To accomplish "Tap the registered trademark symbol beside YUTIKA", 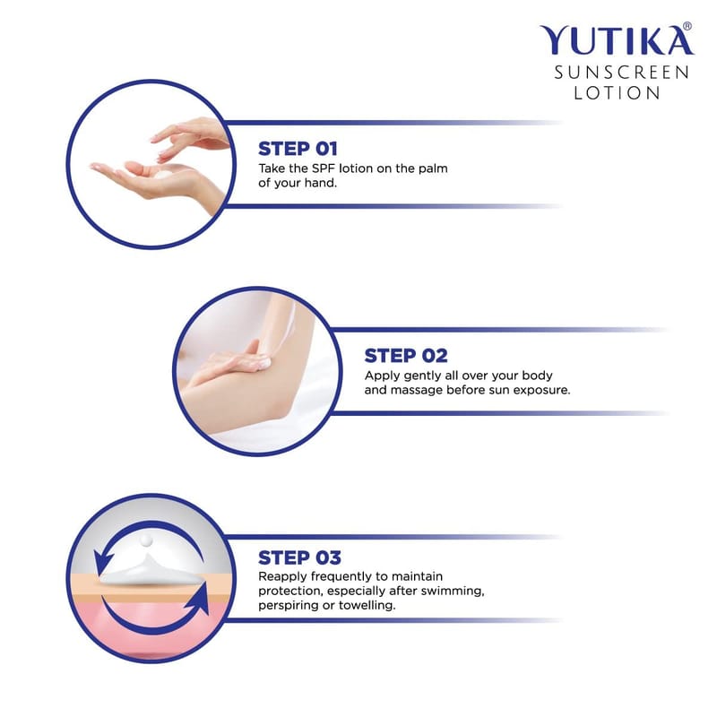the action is [x=687, y=27].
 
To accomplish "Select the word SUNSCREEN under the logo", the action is [x=621, y=73].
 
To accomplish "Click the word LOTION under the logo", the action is [x=617, y=93].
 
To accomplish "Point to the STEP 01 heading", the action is [x=298, y=149].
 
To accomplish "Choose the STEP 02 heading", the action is [x=406, y=356].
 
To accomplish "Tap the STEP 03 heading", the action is [x=299, y=557].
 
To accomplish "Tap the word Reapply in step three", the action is [x=282, y=577].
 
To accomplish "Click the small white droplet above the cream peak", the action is [x=146, y=540].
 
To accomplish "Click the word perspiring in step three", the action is [x=281, y=606].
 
